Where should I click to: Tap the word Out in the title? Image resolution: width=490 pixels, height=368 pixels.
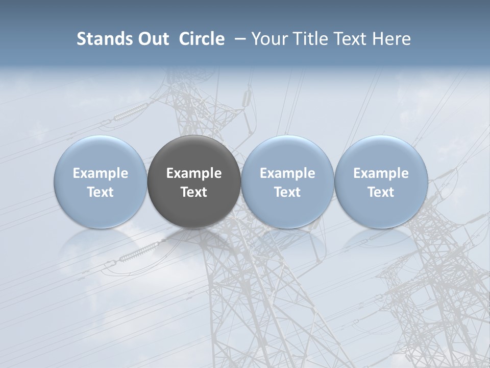[x=152, y=39]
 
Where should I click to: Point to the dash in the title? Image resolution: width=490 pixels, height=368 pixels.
[x=238, y=39]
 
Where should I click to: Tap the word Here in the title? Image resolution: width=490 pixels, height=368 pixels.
[x=391, y=39]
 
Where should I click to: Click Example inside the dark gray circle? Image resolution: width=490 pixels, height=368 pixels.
[x=194, y=173]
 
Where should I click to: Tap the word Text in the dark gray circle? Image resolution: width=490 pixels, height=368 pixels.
[x=194, y=192]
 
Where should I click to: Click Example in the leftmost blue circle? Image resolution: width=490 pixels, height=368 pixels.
[x=101, y=173]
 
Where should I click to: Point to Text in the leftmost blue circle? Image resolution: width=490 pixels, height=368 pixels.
[x=101, y=192]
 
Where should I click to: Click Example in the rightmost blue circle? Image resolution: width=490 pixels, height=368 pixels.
[x=381, y=173]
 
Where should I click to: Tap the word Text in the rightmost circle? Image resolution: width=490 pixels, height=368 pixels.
[x=381, y=192]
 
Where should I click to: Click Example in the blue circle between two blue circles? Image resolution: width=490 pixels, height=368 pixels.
[x=287, y=173]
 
